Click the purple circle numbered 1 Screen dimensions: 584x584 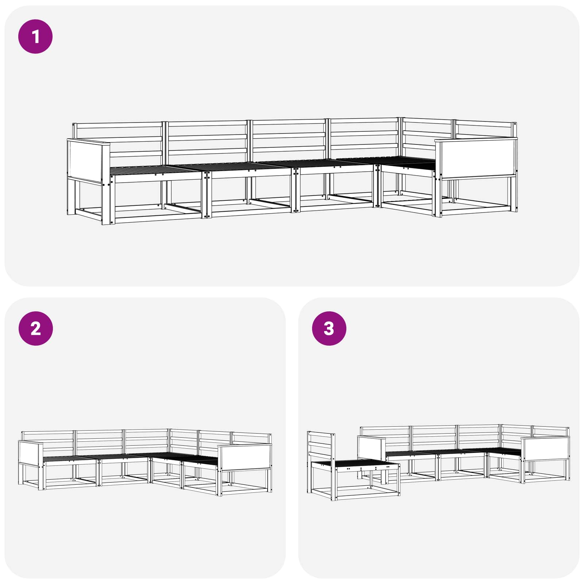tap(35, 36)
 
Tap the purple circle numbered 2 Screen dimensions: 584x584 tap(35, 328)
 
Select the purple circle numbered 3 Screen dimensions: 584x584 tap(329, 328)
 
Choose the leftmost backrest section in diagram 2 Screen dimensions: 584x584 tap(48, 443)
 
